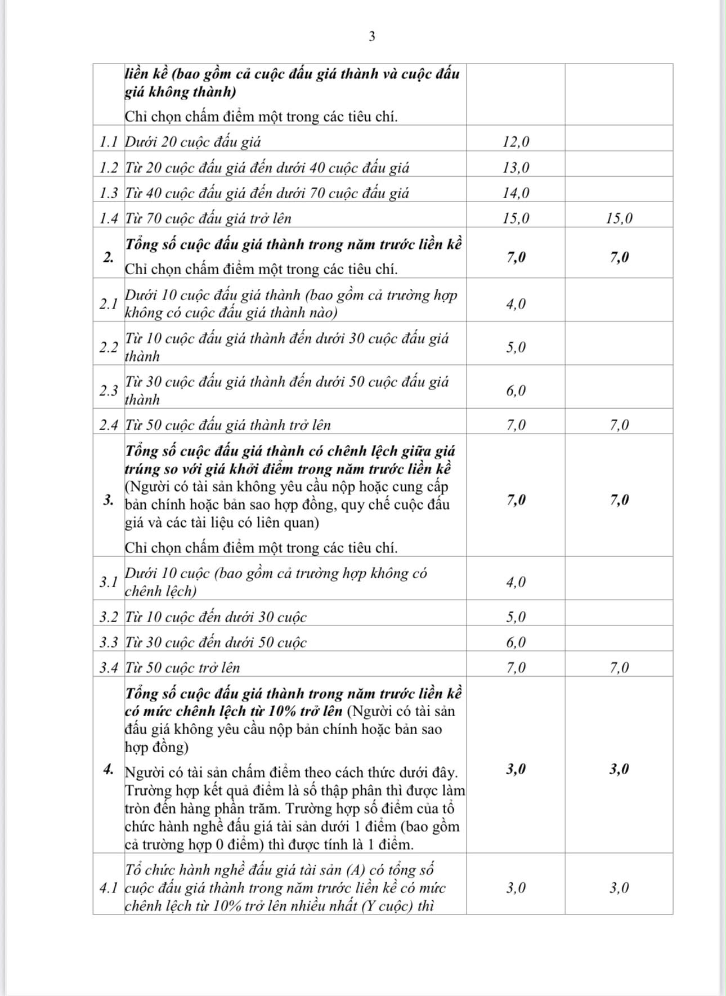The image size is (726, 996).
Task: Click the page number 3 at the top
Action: click(371, 37)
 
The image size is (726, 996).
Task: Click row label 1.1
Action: click(108, 142)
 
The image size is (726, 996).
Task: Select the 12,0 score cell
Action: click(516, 142)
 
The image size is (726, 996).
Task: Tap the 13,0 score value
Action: click(516, 168)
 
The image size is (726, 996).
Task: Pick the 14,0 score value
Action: click(516, 193)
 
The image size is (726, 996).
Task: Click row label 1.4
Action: click(108, 218)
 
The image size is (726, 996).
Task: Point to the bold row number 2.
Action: click(108, 257)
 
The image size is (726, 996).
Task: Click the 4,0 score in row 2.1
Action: click(516, 304)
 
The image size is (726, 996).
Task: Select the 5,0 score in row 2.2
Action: click(516, 347)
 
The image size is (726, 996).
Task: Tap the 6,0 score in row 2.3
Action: click(516, 391)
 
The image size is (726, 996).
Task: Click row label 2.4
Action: click(108, 425)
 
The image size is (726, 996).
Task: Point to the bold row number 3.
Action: click(108, 500)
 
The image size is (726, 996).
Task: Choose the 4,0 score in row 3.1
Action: click(516, 582)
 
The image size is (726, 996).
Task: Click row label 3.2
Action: click(108, 617)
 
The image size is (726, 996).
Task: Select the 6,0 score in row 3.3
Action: click(516, 642)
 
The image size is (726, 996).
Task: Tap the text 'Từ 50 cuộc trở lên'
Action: click(182, 668)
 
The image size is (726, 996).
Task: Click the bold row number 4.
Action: click(108, 769)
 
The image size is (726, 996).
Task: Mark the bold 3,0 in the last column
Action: click(619, 769)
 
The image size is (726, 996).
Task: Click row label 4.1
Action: click(108, 888)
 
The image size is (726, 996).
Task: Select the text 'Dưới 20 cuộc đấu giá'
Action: click(192, 142)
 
